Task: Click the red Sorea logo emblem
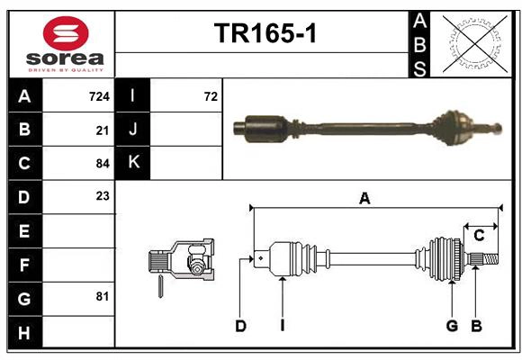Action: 66,35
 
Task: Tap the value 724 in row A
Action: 99,95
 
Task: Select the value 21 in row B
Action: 103,130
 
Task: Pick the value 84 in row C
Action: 103,164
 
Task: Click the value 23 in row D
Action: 103,195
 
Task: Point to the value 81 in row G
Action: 103,296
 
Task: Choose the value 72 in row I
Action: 211,95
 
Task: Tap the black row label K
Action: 134,163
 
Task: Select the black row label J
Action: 134,130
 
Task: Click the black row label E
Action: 24,231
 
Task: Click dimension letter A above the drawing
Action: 364,199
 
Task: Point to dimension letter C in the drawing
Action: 479,236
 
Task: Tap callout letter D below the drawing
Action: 240,326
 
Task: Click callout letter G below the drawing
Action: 452,326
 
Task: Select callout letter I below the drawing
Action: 282,326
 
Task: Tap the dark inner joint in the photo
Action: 263,126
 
